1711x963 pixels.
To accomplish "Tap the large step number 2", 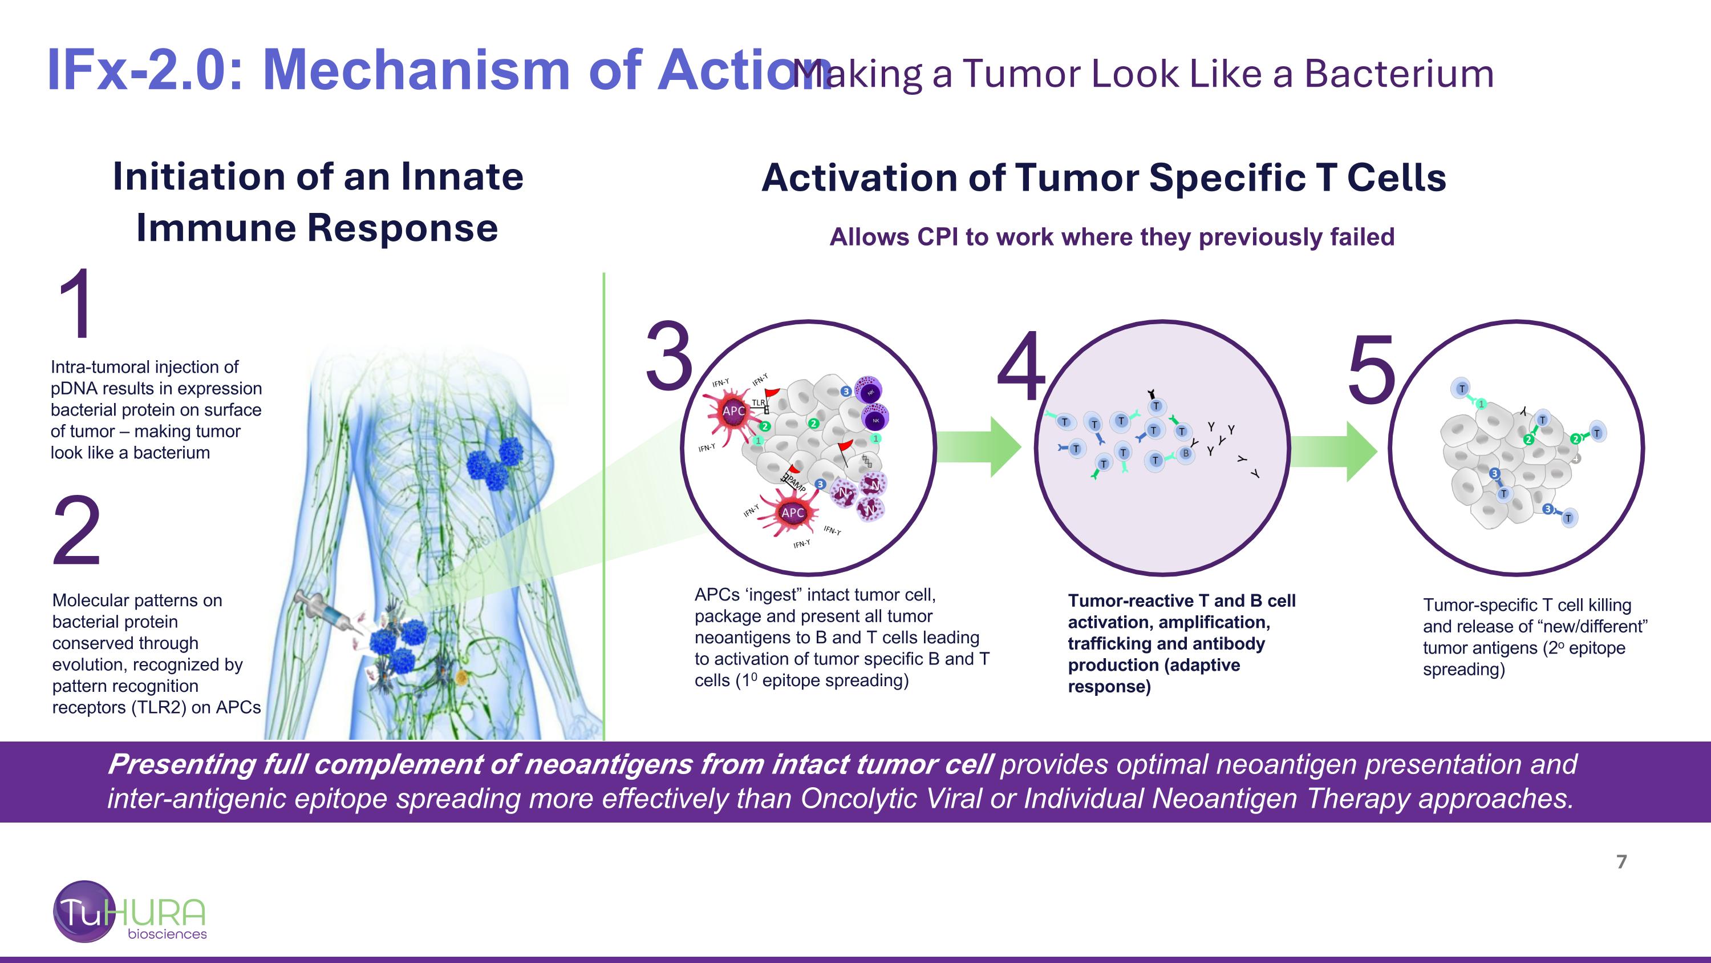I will (77, 531).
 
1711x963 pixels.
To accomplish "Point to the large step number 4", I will (1021, 367).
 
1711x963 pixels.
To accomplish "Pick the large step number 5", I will (1372, 369).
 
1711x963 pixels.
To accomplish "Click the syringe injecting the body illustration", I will (326, 610).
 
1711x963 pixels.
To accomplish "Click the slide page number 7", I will (1621, 862).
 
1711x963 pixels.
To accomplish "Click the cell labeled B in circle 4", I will (1186, 454).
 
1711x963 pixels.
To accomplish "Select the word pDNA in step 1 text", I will (76, 389).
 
